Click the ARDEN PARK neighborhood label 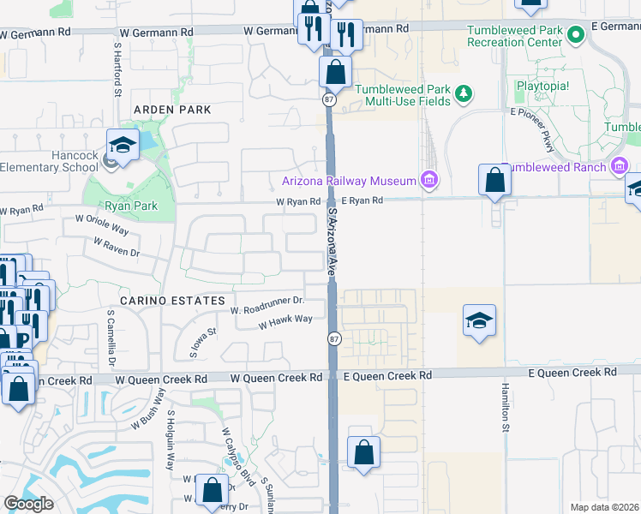coord(172,111)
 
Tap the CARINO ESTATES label coord(160,301)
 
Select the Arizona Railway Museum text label coord(349,181)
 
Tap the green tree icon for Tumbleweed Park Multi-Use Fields coord(464,93)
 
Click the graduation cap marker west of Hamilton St coord(479,321)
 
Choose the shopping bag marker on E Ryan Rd coord(494,181)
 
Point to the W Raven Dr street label coord(111,248)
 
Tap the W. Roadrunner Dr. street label coord(267,302)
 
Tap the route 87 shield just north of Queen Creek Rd coord(334,339)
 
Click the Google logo coord(28,504)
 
